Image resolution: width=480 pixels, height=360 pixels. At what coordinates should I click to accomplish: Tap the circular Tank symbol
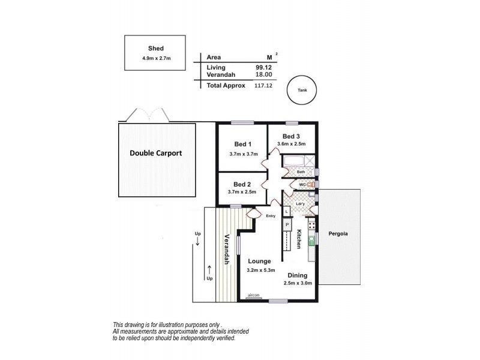[x=302, y=91]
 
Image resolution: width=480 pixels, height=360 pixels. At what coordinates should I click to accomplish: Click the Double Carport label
[x=156, y=153]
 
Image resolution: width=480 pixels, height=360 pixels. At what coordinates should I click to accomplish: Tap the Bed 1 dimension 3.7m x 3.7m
[x=243, y=154]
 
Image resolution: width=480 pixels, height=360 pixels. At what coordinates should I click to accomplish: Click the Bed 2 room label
[x=242, y=184]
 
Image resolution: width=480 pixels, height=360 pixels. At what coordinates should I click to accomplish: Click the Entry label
[x=271, y=216]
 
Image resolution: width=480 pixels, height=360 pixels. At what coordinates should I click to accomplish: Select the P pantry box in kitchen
[x=287, y=224]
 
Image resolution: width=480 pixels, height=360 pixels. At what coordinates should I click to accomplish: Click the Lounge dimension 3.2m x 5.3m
[x=261, y=270]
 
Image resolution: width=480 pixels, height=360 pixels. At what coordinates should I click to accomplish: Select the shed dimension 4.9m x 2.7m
[x=157, y=58]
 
